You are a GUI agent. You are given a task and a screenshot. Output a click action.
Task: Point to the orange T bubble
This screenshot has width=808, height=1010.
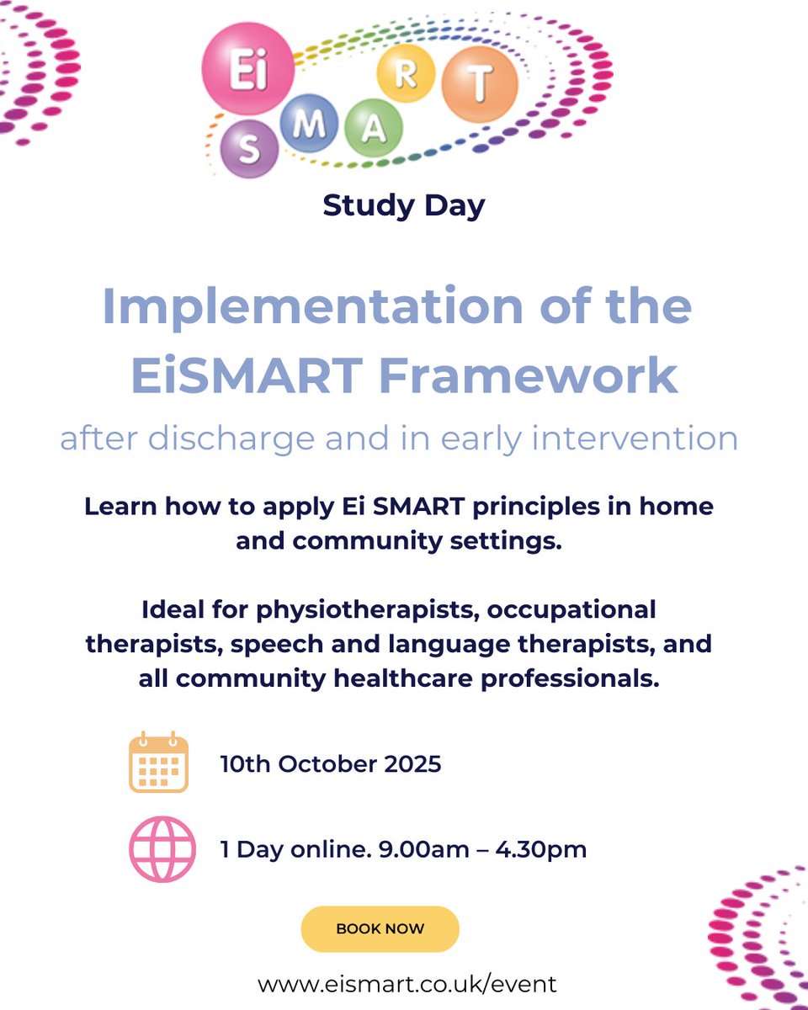[479, 81]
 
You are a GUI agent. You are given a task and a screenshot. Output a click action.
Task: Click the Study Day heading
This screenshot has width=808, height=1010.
[404, 205]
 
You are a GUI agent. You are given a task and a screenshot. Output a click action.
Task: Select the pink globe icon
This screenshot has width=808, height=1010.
[162, 848]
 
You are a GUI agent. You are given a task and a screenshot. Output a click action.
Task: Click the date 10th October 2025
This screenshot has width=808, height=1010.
[331, 764]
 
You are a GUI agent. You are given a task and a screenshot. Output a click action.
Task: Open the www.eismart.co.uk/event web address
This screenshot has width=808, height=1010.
[407, 983]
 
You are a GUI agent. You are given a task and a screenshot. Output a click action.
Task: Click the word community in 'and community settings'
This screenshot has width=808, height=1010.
[359, 541]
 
